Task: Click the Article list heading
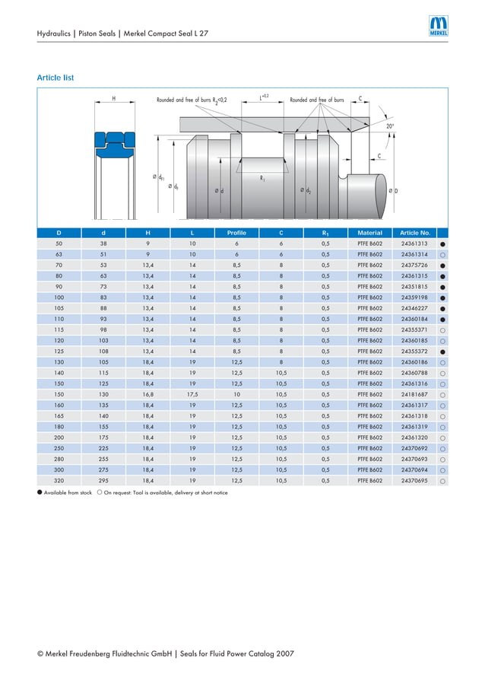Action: point(55,78)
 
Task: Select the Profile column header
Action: point(236,232)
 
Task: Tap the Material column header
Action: point(369,232)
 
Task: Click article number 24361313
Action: point(414,243)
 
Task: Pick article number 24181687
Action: point(414,395)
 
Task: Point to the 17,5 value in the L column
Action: point(192,395)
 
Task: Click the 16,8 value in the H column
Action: point(147,395)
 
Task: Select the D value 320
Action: point(59,481)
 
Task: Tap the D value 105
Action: point(59,308)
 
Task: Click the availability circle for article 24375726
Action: point(442,266)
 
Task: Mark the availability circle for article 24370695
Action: point(442,482)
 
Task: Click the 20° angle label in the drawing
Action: point(390,126)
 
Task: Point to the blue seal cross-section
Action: point(114,144)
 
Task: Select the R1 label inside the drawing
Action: point(262,178)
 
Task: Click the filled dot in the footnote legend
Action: point(40,492)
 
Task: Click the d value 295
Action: point(103,481)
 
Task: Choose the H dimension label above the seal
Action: point(114,99)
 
